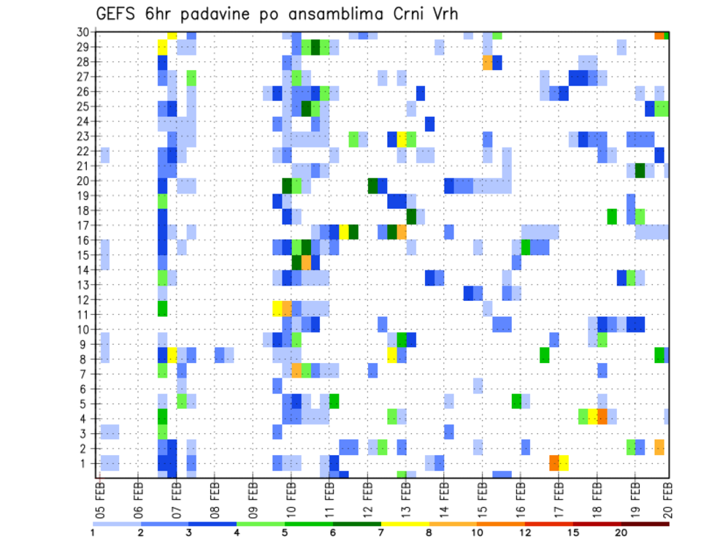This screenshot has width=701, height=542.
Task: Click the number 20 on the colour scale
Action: [x=621, y=533]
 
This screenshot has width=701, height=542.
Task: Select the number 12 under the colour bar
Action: [x=525, y=533]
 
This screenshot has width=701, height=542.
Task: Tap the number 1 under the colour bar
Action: [x=93, y=533]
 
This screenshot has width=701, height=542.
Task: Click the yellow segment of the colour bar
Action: [x=405, y=524]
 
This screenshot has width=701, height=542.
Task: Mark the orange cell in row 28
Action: [x=487, y=63]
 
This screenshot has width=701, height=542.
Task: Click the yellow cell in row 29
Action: [x=163, y=47]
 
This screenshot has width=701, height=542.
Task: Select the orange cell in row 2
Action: [x=659, y=447]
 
